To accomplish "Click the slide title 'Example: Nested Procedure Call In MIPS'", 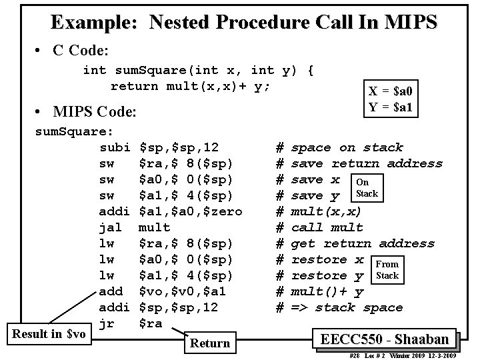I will coord(243,22).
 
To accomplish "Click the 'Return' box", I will coord(210,343).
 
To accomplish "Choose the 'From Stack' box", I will coord(387,269).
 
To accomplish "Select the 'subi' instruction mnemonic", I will coord(114,147).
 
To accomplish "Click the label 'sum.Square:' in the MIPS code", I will coord(73,131).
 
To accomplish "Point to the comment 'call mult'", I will coord(327,227).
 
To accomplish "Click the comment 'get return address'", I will coord(363,243).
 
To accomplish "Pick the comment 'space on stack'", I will coord(347,147).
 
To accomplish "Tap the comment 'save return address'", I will coord(367,163).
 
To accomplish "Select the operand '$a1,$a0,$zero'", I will coord(190,211).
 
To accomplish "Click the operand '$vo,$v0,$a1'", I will coord(182,291).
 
